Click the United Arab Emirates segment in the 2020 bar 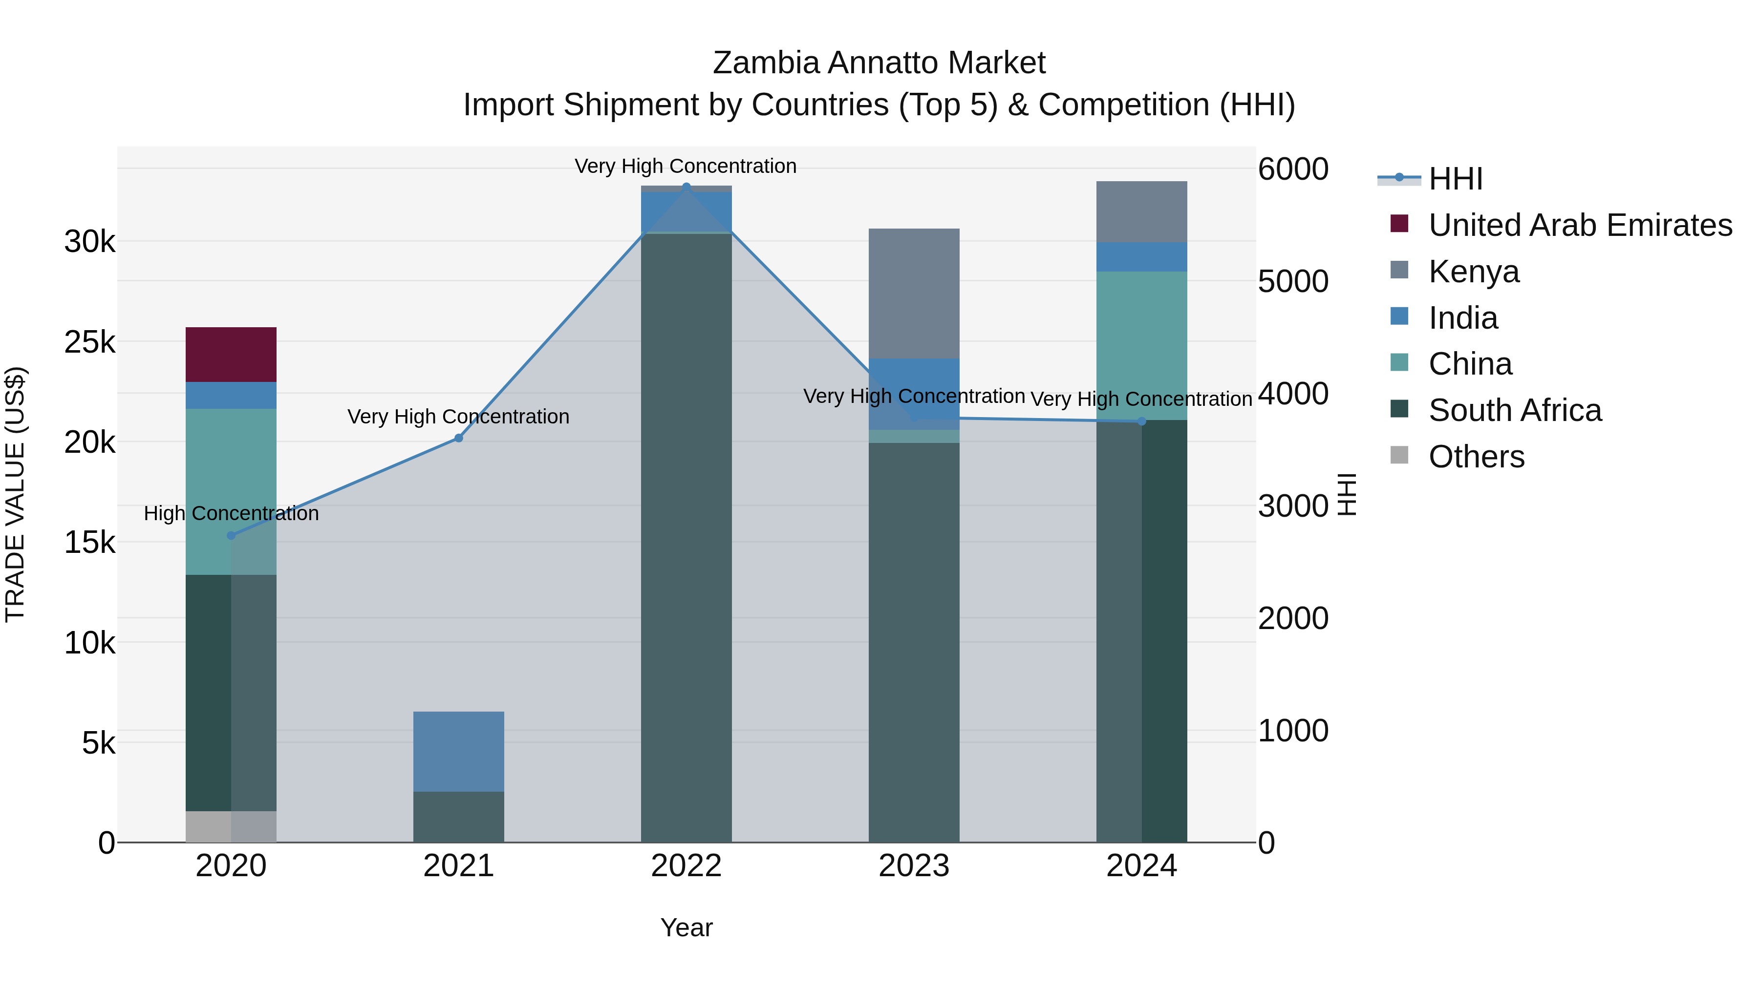pyautogui.click(x=231, y=354)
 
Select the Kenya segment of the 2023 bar pyautogui.click(x=914, y=293)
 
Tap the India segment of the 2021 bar pyautogui.click(x=458, y=751)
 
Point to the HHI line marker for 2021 pyautogui.click(x=459, y=438)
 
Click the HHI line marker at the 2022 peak pyautogui.click(x=686, y=187)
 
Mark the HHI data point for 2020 pyautogui.click(x=231, y=536)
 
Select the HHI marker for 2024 pyautogui.click(x=1142, y=421)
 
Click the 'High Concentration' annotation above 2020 pyautogui.click(x=231, y=513)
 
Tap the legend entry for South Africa pyautogui.click(x=1515, y=410)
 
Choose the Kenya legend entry pyautogui.click(x=1474, y=272)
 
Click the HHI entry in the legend pyautogui.click(x=1455, y=179)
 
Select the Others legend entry pyautogui.click(x=1476, y=457)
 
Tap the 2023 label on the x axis pyautogui.click(x=914, y=866)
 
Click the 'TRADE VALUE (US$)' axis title pyautogui.click(x=15, y=494)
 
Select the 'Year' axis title pyautogui.click(x=686, y=927)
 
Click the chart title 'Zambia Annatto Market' pyautogui.click(x=879, y=63)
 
